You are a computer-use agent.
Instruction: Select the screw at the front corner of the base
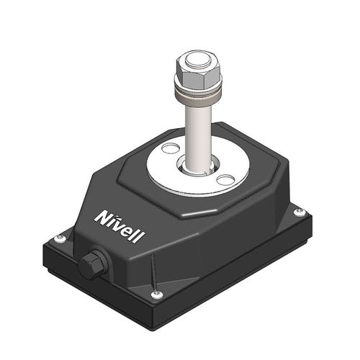pos(156,294)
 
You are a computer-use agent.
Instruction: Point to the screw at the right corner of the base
pos(299,212)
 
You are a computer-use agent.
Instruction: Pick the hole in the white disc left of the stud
pos(169,149)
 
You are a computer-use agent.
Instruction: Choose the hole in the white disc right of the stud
pos(226,179)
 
